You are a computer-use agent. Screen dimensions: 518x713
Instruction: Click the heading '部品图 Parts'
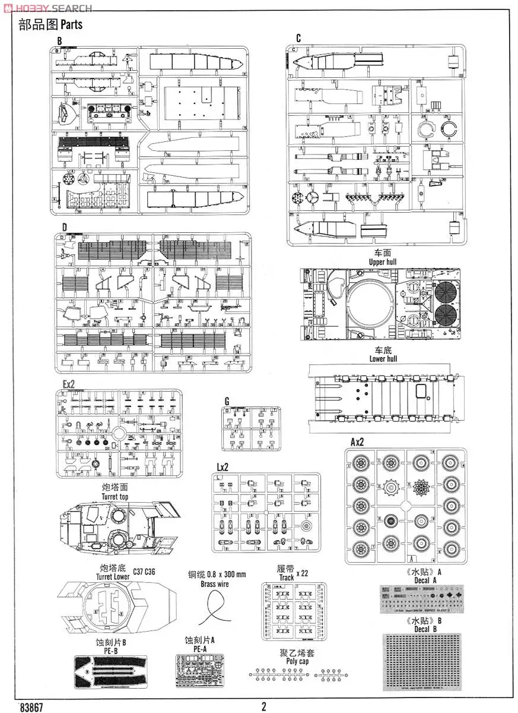tap(50, 24)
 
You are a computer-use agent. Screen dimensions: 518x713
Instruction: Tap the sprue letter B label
tap(59, 40)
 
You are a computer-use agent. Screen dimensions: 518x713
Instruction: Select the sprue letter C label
tap(298, 39)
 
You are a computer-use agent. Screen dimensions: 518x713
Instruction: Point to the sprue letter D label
tap(63, 227)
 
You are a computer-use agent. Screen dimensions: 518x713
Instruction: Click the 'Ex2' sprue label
tap(69, 384)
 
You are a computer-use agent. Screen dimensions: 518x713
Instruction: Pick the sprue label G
tap(227, 401)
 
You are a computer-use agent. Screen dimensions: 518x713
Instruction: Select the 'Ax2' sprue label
tap(357, 442)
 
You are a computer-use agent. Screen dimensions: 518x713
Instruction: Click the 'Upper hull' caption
tap(383, 261)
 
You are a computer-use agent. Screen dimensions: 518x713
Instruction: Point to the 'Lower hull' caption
tap(383, 359)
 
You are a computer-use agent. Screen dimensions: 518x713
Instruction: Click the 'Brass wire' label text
tap(215, 584)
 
